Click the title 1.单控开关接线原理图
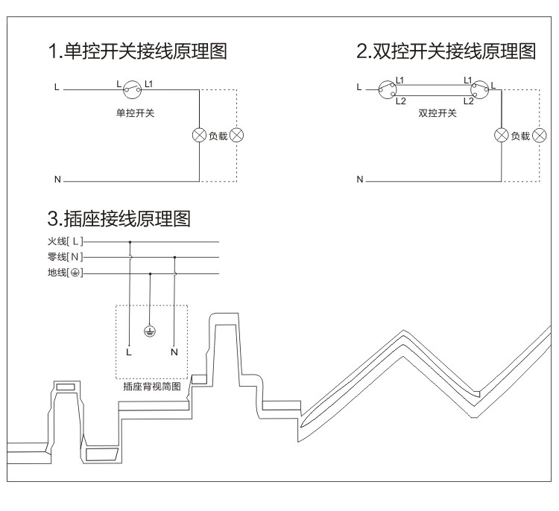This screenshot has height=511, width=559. pyautogui.click(x=138, y=51)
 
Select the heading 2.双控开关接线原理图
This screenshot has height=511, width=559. pyautogui.click(x=446, y=51)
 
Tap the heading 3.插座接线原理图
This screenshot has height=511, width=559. pyautogui.click(x=119, y=218)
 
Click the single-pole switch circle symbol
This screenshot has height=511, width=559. pyautogui.click(x=132, y=89)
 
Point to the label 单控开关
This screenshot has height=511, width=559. pyautogui.click(x=135, y=113)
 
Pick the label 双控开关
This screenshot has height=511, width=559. pyautogui.click(x=438, y=113)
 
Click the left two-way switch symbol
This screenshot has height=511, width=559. pyautogui.click(x=387, y=89)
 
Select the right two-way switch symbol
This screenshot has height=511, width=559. pyautogui.click(x=479, y=89)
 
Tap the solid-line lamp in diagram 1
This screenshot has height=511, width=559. pyautogui.click(x=199, y=136)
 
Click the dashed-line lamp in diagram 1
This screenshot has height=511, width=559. pyautogui.click(x=237, y=136)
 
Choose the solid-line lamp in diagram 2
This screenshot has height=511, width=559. pyautogui.click(x=502, y=136)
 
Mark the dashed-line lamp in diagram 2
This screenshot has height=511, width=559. pyautogui.click(x=539, y=136)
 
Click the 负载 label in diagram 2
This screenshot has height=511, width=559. pyautogui.click(x=520, y=136)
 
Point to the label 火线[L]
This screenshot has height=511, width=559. pyautogui.click(x=66, y=241)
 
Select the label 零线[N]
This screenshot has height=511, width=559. pyautogui.click(x=66, y=256)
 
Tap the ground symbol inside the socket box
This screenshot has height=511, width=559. pyautogui.click(x=150, y=331)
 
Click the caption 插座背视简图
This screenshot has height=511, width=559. pyautogui.click(x=152, y=387)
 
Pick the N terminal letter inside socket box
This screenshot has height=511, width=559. pyautogui.click(x=174, y=352)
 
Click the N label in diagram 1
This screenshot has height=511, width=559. pyautogui.click(x=57, y=180)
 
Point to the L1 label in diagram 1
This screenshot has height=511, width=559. pyautogui.click(x=148, y=84)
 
